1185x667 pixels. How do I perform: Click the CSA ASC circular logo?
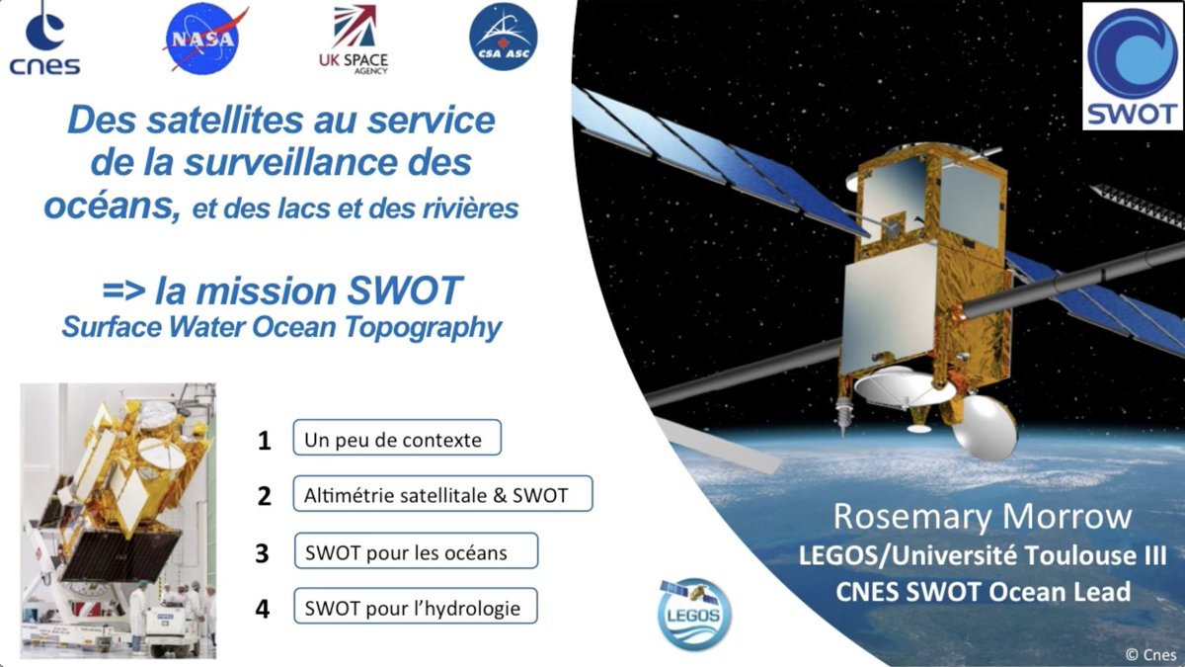pyautogui.click(x=503, y=38)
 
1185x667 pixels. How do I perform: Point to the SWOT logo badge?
pyautogui.click(x=1132, y=66)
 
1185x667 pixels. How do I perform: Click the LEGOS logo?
pyautogui.click(x=695, y=613)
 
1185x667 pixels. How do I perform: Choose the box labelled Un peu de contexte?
pyautogui.click(x=397, y=439)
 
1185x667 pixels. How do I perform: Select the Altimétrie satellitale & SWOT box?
pyautogui.click(x=442, y=494)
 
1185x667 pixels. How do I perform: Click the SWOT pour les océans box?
pyautogui.click(x=415, y=551)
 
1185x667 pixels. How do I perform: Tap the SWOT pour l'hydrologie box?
pyautogui.click(x=415, y=606)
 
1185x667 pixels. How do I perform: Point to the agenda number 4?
pyautogui.click(x=263, y=608)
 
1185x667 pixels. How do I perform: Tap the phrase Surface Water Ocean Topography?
pyautogui.click(x=281, y=327)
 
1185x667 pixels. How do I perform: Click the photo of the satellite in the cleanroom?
pyautogui.click(x=118, y=520)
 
